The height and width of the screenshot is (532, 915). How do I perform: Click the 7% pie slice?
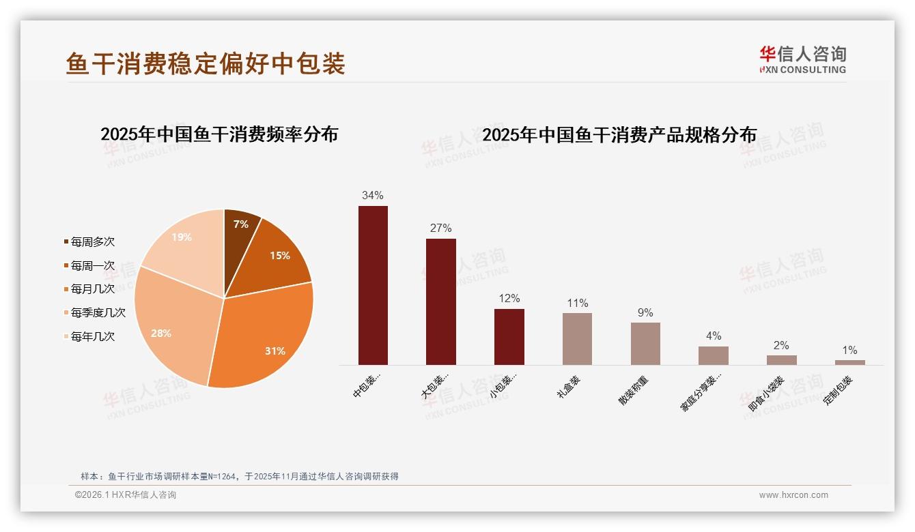pyautogui.click(x=240, y=228)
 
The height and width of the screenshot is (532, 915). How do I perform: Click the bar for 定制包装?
pyautogui.click(x=849, y=362)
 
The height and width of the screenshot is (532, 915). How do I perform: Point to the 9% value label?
pyautogui.click(x=645, y=312)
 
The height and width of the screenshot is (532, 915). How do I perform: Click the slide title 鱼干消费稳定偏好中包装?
pyautogui.click(x=206, y=63)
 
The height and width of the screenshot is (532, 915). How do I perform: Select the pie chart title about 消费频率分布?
pyautogui.click(x=219, y=134)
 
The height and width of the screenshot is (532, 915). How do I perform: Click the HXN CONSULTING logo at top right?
pyautogui.click(x=803, y=59)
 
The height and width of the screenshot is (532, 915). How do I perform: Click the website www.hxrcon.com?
pyautogui.click(x=793, y=495)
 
